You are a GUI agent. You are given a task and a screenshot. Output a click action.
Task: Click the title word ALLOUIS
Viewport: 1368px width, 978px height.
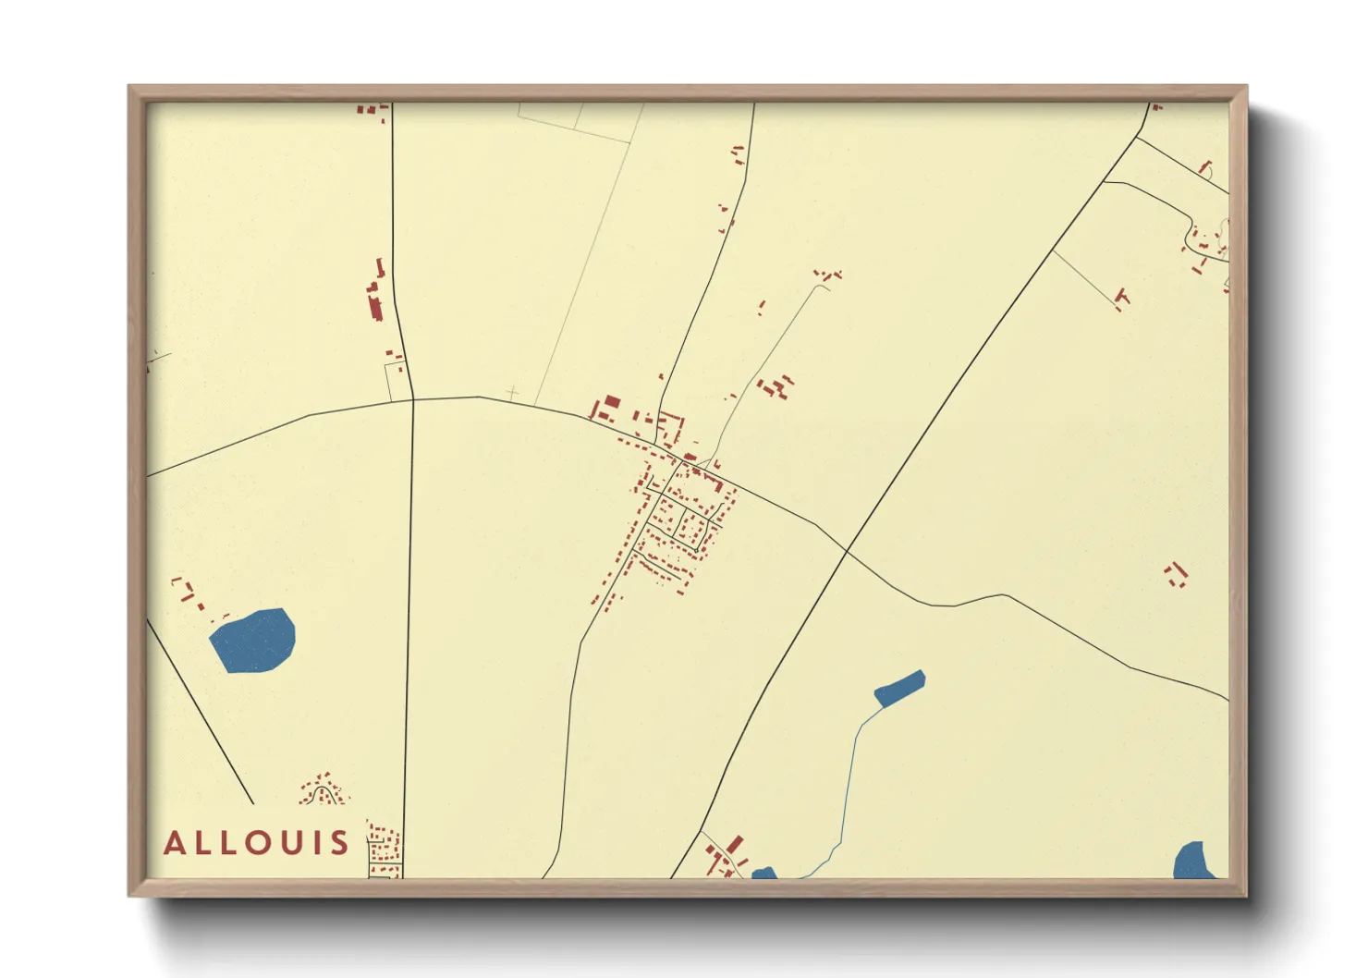[256, 843]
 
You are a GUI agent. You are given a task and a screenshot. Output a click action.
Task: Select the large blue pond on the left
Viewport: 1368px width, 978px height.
[252, 641]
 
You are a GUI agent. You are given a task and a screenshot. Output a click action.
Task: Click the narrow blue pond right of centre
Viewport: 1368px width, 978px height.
[899, 689]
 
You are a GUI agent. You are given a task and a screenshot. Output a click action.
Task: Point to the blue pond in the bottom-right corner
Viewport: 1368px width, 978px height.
[1193, 861]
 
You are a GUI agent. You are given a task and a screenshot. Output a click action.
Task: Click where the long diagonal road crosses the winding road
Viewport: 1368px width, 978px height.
[846, 552]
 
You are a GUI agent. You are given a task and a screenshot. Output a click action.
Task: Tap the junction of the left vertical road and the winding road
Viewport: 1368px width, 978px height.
[412, 400]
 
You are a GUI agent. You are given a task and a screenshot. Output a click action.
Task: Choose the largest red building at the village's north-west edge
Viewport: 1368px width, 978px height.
[612, 403]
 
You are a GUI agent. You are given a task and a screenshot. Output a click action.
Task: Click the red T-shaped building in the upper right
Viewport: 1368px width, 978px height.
[1122, 298]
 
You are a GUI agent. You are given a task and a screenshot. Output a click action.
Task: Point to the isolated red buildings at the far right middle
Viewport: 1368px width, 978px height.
[1176, 574]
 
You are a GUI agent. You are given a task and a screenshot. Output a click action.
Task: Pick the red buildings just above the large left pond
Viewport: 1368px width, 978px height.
[185, 589]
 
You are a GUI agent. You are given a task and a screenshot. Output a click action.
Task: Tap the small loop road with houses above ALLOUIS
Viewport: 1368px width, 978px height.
[322, 792]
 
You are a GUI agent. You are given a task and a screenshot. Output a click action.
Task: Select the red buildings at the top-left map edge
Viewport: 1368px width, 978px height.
[372, 111]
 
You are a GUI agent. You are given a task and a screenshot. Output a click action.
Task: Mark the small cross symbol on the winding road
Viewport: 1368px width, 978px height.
[512, 395]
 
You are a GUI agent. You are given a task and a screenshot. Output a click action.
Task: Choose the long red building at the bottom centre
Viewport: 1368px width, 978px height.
[735, 846]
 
